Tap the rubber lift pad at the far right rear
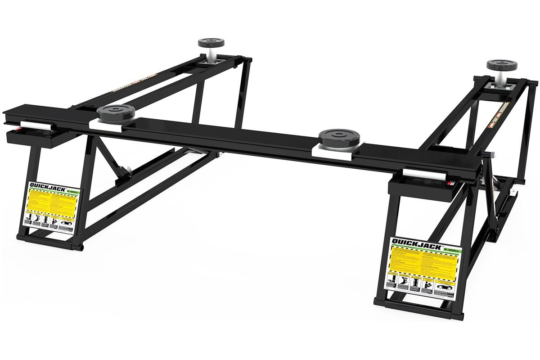(500, 65)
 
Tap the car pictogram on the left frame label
(66, 224)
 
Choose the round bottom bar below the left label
(49, 247)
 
